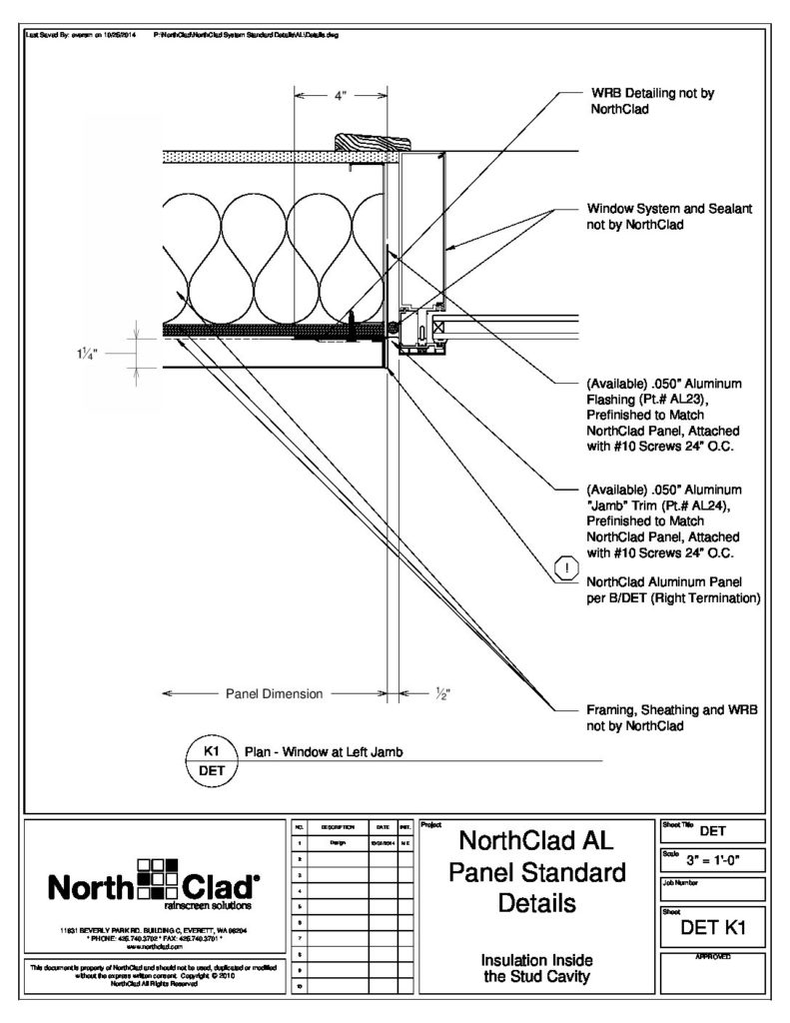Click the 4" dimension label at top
pyautogui.click(x=340, y=96)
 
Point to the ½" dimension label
pyautogui.click(x=442, y=692)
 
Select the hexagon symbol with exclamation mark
pyautogui.click(x=566, y=570)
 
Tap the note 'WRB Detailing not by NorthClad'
pyautogui.click(x=650, y=101)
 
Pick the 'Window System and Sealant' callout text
pyautogui.click(x=669, y=217)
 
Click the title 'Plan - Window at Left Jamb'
pyautogui.click(x=322, y=751)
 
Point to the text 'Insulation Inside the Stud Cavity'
pyautogui.click(x=538, y=968)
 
